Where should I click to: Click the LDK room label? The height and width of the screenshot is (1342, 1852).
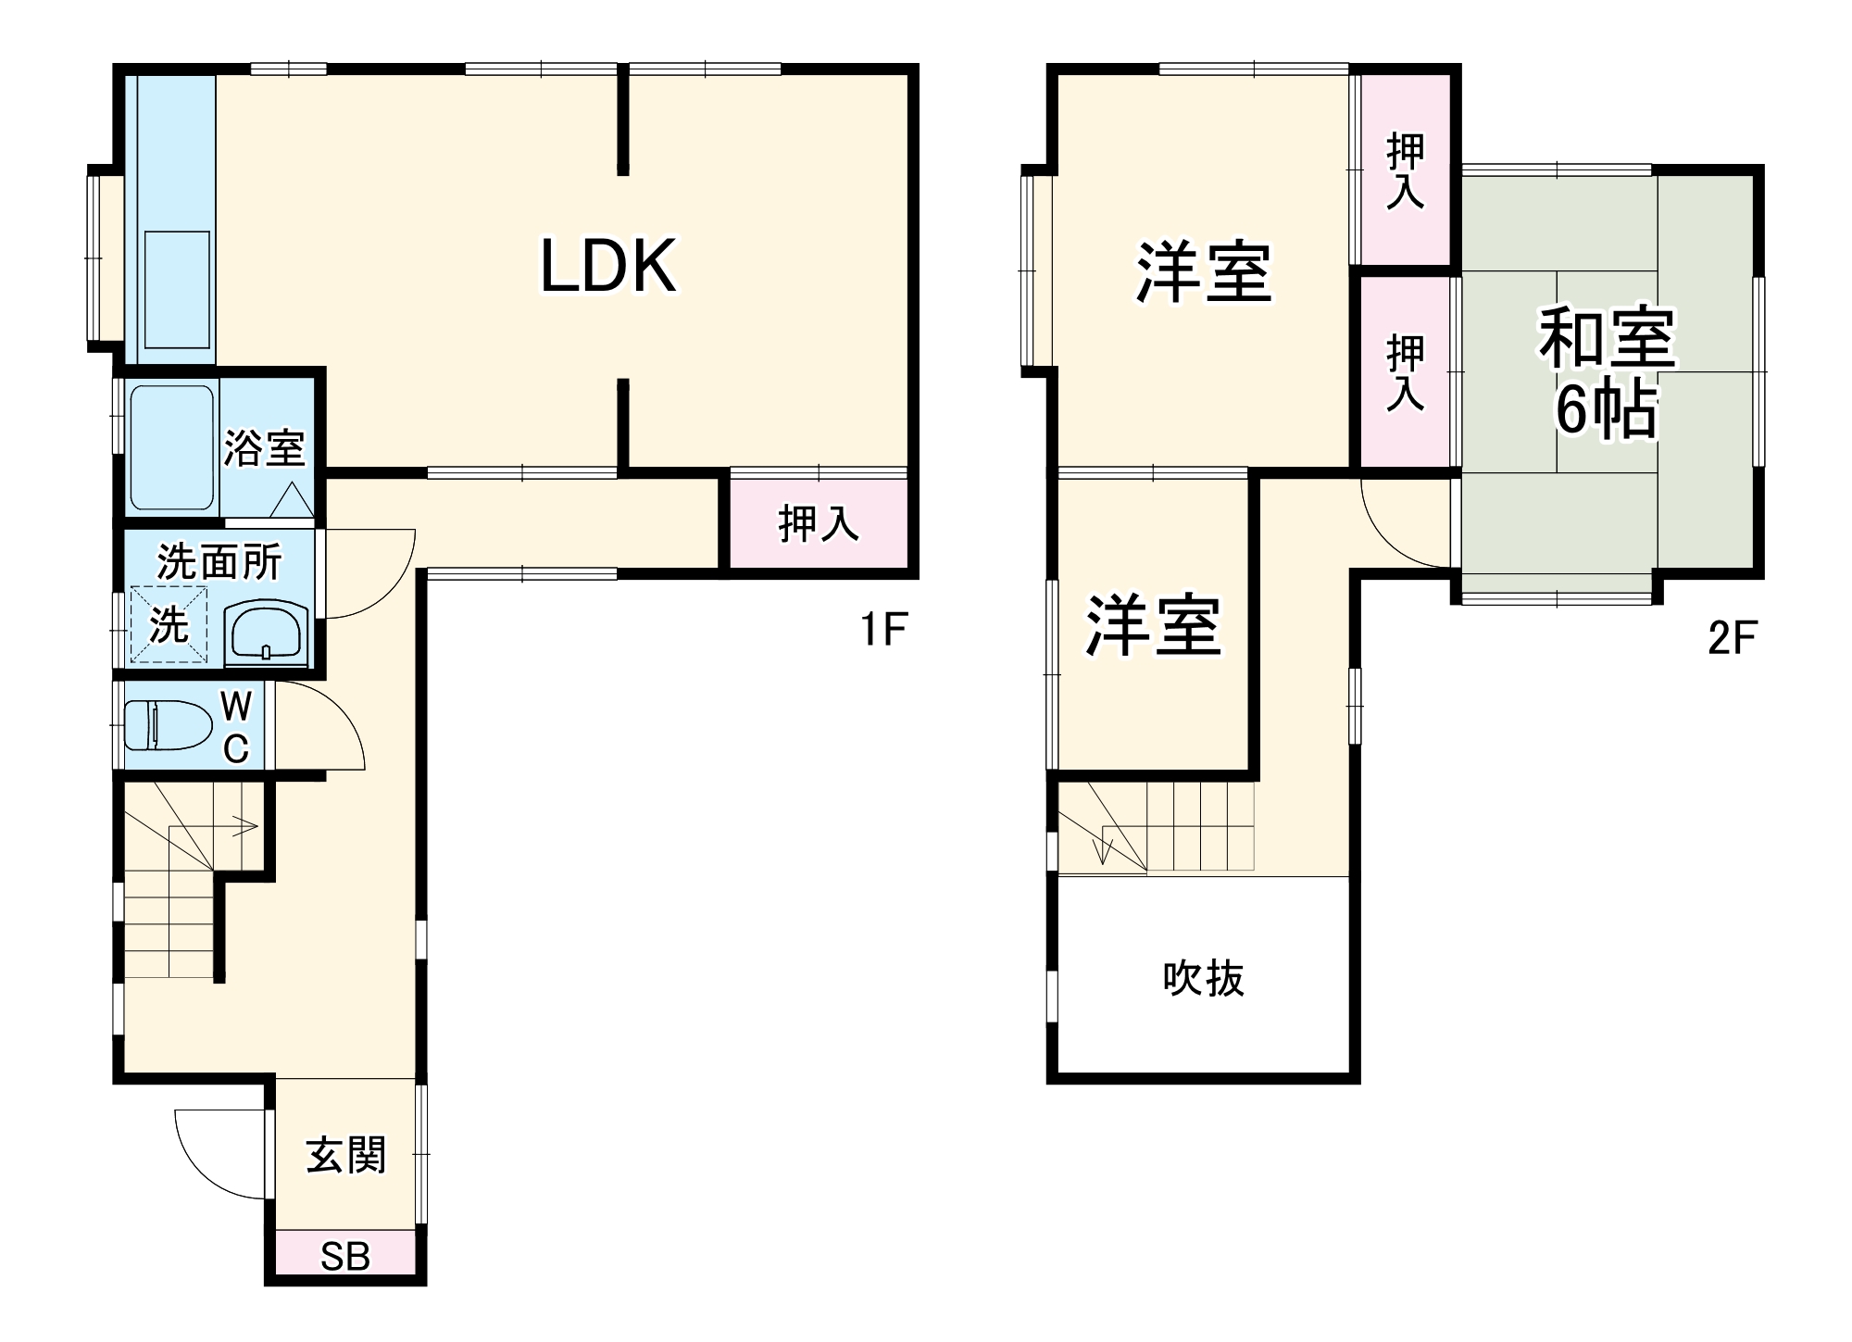[x=607, y=267]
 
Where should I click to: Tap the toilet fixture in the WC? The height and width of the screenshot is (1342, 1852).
[x=168, y=725]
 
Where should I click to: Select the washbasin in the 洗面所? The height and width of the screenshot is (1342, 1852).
[x=267, y=632]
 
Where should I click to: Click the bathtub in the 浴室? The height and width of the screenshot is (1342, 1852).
[x=172, y=447]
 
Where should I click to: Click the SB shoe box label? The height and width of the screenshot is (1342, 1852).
[x=345, y=1257]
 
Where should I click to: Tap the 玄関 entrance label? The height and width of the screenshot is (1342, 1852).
[x=345, y=1156]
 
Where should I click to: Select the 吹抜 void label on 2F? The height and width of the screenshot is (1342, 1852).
[x=1203, y=979]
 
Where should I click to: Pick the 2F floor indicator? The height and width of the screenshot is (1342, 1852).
[x=1732, y=638]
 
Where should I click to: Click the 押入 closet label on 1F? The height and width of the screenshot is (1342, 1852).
[x=819, y=524]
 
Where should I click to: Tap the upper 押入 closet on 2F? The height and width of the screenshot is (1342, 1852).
[x=1405, y=170]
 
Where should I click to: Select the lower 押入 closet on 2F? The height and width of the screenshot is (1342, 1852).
[x=1405, y=372]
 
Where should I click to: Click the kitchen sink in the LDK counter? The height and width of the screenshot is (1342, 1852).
[x=177, y=289]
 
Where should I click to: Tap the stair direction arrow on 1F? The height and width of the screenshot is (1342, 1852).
[x=244, y=826]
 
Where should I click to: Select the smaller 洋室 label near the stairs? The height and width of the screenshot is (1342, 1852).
[x=1153, y=626]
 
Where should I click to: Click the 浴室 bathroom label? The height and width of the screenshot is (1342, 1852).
[x=265, y=448]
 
